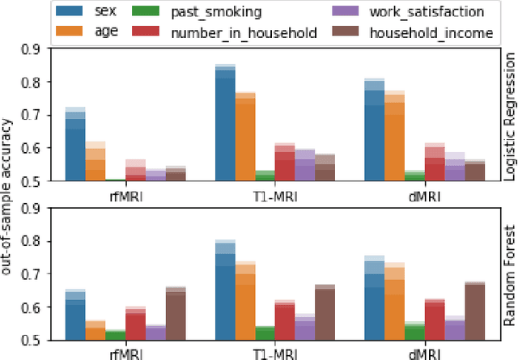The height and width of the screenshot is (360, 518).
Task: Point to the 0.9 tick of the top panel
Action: click(34, 49)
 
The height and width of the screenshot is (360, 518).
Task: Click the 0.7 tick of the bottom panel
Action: click(34, 275)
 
